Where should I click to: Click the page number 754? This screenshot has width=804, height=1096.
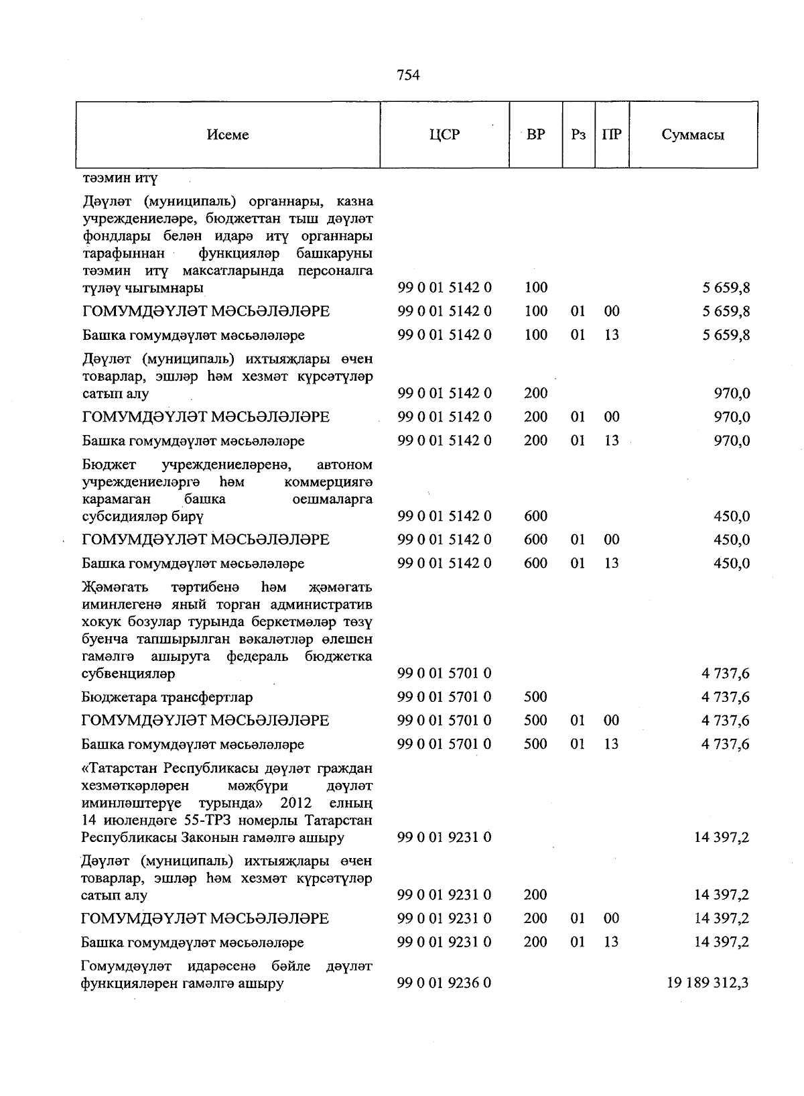[408, 75]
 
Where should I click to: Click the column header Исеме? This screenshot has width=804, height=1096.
[228, 135]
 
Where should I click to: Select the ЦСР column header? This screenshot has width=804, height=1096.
[444, 135]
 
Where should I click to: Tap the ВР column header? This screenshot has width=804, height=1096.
[535, 135]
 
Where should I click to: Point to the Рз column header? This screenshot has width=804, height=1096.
[578, 135]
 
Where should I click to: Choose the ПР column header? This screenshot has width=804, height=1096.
[611, 135]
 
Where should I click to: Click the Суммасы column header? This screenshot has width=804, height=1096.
[693, 135]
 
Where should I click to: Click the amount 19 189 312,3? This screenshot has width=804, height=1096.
[708, 983]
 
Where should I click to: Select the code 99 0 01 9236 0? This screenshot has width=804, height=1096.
[444, 983]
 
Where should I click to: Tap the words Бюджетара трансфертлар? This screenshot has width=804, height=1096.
[167, 697]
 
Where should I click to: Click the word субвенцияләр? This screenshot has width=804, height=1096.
[128, 674]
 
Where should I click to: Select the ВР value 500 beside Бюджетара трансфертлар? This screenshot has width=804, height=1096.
[535, 697]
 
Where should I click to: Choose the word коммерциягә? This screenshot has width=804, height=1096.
[328, 482]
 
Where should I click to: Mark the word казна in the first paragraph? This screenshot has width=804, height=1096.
[355, 201]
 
